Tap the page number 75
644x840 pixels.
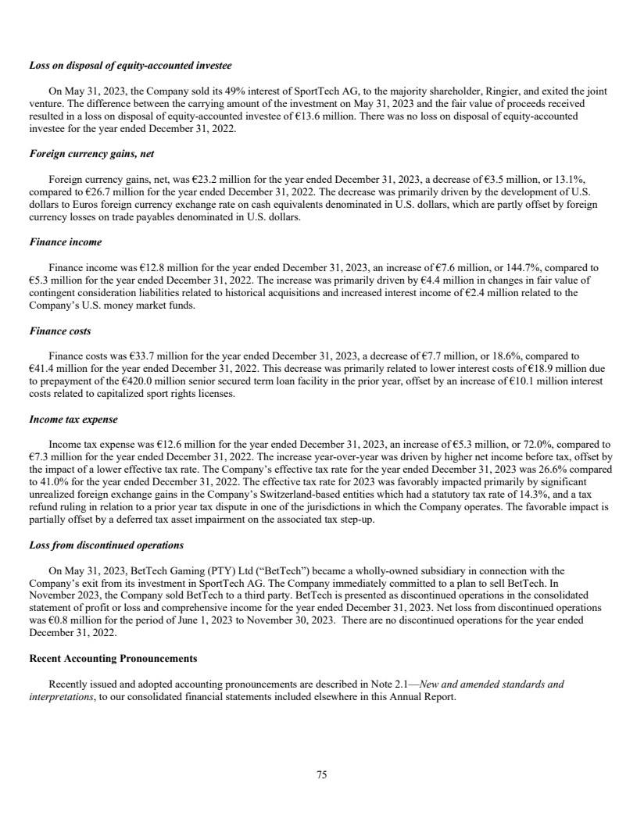(x=321, y=775)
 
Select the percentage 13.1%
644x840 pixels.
(x=581, y=179)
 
